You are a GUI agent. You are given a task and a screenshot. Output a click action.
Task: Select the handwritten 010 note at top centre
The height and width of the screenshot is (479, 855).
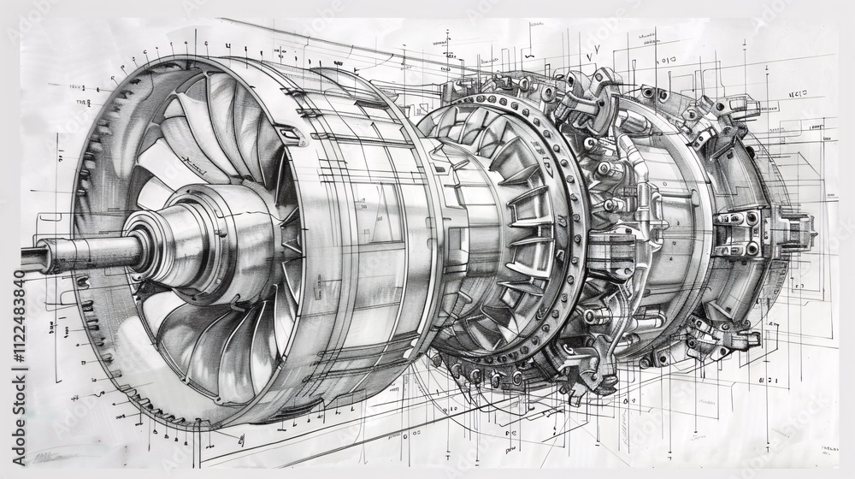tap(665, 61)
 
